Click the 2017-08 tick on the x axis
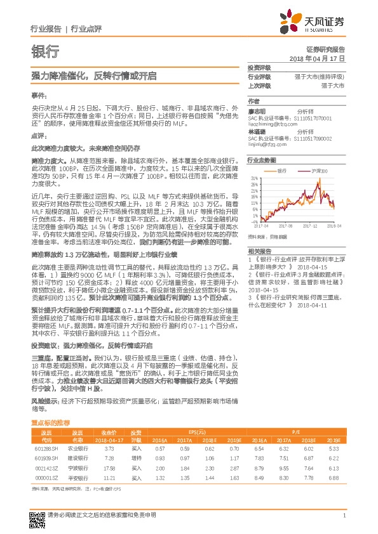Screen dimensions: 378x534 288,225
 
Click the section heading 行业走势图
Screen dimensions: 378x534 261,161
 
